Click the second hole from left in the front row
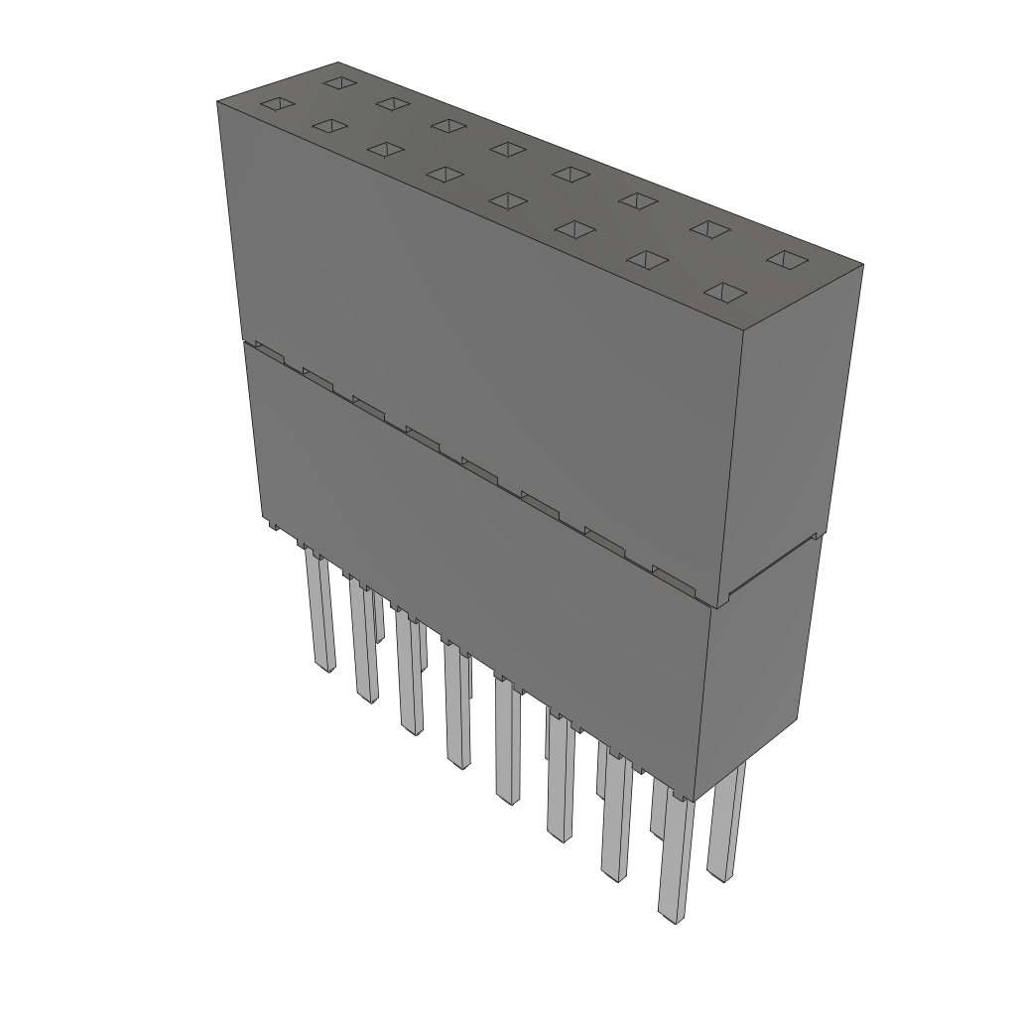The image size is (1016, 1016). [329, 126]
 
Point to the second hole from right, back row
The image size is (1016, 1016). [709, 228]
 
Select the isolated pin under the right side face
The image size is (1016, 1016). [727, 824]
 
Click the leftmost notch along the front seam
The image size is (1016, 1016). [265, 349]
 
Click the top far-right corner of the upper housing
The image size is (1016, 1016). [862, 265]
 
